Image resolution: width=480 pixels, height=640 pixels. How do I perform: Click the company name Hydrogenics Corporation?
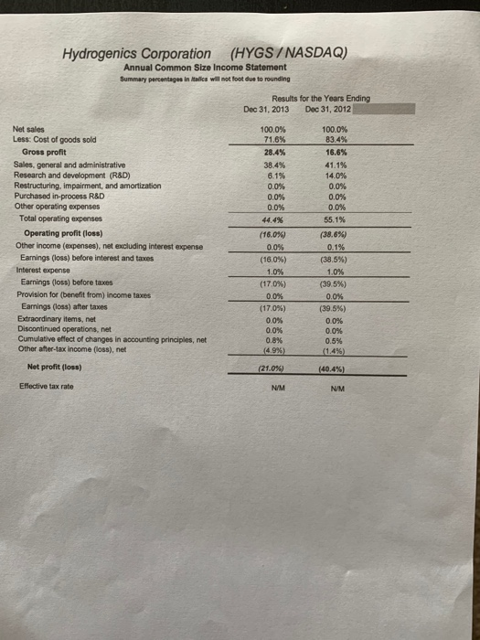tap(136, 53)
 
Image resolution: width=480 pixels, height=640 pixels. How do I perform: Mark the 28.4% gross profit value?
tap(274, 153)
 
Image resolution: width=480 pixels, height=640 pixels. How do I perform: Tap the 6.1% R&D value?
tap(274, 174)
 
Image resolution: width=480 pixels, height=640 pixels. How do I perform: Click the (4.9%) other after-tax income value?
tap(274, 351)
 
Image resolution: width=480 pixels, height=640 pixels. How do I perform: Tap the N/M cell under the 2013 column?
tap(274, 388)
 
